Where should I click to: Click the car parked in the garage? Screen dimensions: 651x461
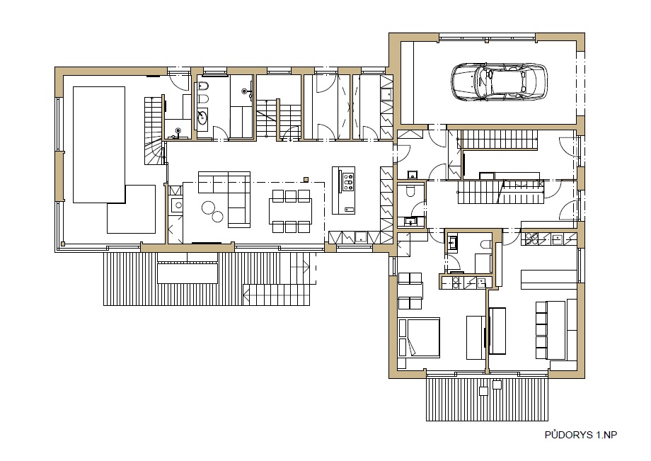(x=500, y=81)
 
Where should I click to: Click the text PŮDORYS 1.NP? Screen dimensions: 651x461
(x=581, y=435)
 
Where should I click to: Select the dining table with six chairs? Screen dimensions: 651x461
(x=291, y=212)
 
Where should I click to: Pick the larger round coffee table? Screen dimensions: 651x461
(x=209, y=207)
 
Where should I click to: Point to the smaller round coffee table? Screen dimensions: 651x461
(x=217, y=216)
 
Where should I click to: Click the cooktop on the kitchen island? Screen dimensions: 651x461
(x=348, y=181)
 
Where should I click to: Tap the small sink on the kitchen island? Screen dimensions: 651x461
(x=348, y=210)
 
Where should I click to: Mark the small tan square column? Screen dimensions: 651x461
(x=306, y=179)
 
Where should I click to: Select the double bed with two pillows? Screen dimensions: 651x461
(x=418, y=337)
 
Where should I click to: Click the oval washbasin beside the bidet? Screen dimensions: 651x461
(x=202, y=118)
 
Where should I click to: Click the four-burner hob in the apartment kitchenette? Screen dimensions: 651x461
(x=532, y=239)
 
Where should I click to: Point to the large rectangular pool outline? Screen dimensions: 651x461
(x=99, y=144)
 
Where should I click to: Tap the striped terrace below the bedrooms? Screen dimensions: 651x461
(x=487, y=399)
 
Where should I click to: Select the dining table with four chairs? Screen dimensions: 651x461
(x=410, y=291)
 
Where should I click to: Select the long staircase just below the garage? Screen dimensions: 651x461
(x=497, y=140)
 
